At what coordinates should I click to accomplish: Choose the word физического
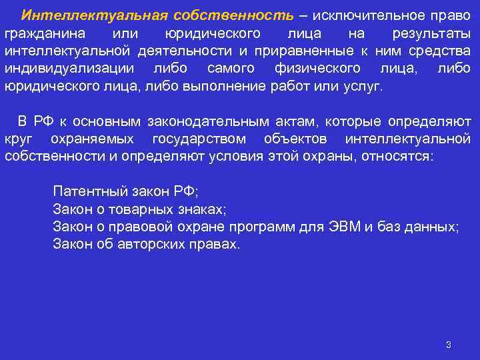317,69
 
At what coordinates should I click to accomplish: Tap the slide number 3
449,345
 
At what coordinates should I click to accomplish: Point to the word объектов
295,139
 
